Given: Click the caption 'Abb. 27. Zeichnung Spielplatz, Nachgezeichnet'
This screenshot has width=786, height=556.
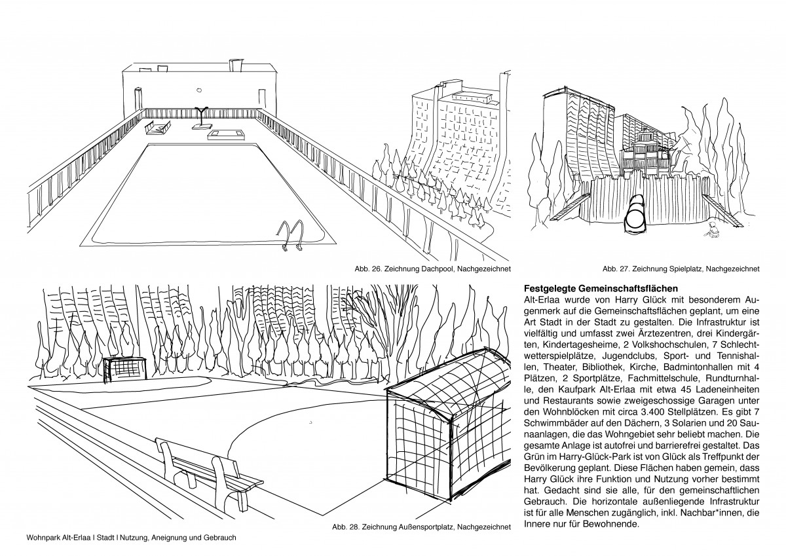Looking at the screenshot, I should tap(681, 269).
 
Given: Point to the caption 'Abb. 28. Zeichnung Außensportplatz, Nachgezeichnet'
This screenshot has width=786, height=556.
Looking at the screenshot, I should tap(421, 526).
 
